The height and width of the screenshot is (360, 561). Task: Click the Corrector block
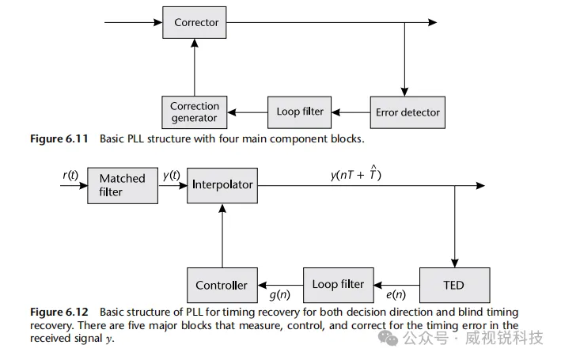tap(196, 23)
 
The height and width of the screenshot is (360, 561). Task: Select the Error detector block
tap(405, 112)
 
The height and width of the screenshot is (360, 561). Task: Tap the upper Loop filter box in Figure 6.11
tap(300, 112)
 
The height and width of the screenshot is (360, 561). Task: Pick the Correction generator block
tap(194, 112)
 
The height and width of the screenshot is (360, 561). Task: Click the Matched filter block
tap(122, 184)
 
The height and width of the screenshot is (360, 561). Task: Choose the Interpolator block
tap(222, 184)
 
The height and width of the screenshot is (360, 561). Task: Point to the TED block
tap(453, 284)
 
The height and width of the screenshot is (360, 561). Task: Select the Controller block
tap(222, 285)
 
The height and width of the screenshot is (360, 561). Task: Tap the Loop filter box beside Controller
tap(338, 284)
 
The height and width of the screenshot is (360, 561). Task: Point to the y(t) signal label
tap(170, 176)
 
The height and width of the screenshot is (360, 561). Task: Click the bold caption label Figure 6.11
tap(61, 138)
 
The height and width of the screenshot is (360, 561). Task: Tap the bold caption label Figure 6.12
tap(61, 313)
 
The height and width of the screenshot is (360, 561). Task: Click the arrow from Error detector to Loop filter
tap(351, 112)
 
